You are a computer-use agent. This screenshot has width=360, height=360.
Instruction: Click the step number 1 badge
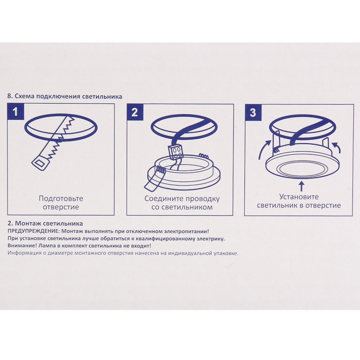[x=15, y=111]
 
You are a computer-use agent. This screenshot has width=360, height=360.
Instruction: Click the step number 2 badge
[x=135, y=112]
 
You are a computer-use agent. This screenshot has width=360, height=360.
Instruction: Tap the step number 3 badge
[x=253, y=112]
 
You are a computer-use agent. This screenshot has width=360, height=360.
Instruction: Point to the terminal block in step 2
[x=176, y=152]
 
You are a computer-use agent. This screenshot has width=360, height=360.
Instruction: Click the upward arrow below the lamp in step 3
[x=302, y=186]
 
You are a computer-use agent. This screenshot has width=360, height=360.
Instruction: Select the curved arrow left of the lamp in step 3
[x=264, y=150]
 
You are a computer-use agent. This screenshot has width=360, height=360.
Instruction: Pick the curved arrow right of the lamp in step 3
[x=336, y=148]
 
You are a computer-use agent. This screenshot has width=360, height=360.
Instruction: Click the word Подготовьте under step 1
[x=61, y=198]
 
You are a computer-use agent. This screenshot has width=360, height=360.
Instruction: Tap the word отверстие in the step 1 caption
[x=61, y=207]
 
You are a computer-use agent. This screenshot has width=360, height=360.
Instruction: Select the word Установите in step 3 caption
[x=299, y=197]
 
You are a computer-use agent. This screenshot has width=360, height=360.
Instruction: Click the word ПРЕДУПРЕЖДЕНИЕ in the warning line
[x=34, y=231]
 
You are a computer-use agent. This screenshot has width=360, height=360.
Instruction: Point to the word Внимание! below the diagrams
[x=22, y=246]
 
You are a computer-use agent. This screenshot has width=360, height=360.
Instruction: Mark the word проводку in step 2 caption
[x=202, y=199]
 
